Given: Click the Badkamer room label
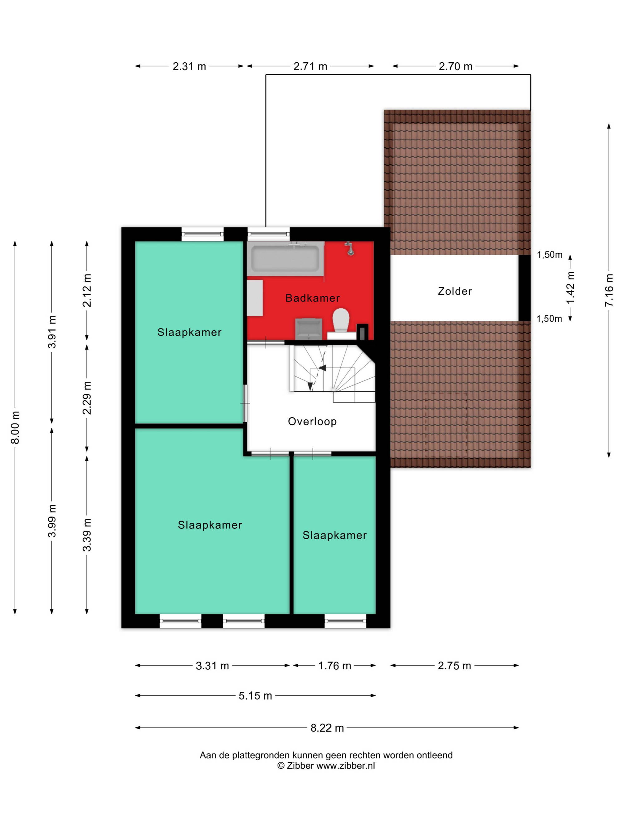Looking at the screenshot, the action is click(312, 298).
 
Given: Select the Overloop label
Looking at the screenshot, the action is click(312, 422).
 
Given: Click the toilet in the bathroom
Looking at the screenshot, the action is click(341, 320).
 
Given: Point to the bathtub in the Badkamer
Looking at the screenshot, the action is click(285, 259).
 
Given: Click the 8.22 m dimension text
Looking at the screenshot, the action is click(327, 728).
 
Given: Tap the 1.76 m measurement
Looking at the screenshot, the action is click(334, 666).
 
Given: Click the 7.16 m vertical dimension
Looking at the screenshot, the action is click(609, 290).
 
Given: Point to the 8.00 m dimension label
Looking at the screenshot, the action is click(15, 427).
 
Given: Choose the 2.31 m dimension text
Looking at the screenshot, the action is click(189, 66).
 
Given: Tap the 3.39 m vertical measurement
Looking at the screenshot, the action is click(87, 535).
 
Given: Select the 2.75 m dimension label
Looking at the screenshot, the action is click(454, 666).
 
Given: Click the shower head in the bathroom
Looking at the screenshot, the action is click(350, 248).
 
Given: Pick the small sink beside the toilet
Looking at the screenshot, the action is click(309, 329).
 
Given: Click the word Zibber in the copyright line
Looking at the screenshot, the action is click(300, 766).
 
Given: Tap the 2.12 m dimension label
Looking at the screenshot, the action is click(87, 290).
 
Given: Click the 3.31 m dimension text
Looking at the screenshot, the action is click(212, 666).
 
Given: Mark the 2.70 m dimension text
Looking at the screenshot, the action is click(456, 66).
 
